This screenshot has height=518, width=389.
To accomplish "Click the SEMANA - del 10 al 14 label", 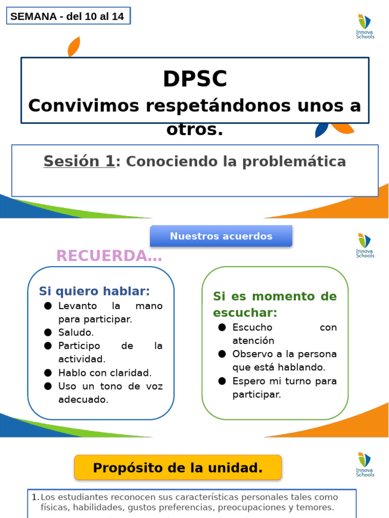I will pyautogui.click(x=67, y=16).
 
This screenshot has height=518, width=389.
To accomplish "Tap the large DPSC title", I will pyautogui.click(x=195, y=79).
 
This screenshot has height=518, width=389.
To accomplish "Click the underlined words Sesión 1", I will pyautogui.click(x=80, y=161).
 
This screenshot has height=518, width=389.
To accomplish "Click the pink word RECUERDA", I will pyautogui.click(x=109, y=256).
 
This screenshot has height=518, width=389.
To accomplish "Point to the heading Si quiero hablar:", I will pyautogui.click(x=94, y=291).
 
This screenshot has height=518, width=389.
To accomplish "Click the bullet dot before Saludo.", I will pyautogui.click(x=48, y=332).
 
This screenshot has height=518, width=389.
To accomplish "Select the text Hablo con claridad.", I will pyautogui.click(x=105, y=373).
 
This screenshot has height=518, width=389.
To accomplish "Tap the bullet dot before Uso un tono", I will pyautogui.click(x=48, y=386).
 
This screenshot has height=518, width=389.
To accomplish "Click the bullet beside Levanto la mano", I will pyautogui.click(x=48, y=306).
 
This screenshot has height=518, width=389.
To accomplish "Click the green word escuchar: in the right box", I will pyautogui.click(x=245, y=312).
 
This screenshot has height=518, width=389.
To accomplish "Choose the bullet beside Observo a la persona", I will pyautogui.click(x=222, y=354).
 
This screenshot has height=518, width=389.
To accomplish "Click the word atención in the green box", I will pyautogui.click(x=253, y=340).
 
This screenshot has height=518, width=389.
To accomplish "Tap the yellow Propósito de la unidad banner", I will pyautogui.click(x=178, y=468).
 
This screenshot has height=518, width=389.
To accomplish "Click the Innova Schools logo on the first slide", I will pyautogui.click(x=365, y=27).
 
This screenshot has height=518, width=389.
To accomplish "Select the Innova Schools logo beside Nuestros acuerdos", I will pyautogui.click(x=365, y=245).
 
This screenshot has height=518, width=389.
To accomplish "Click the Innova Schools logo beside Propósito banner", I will pyautogui.click(x=365, y=464).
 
